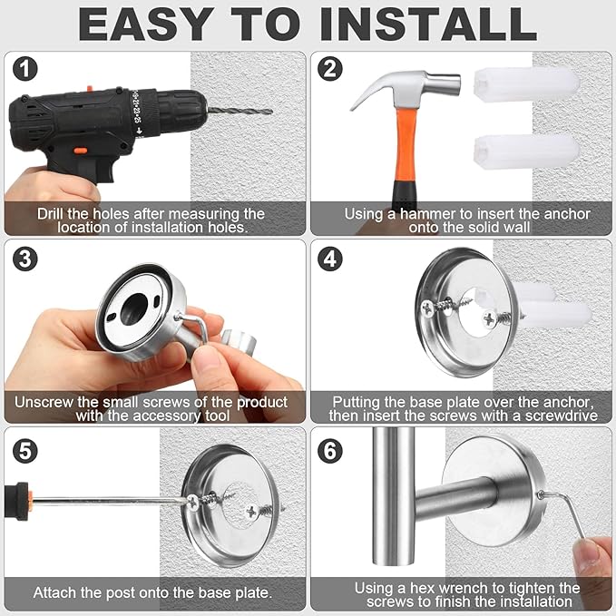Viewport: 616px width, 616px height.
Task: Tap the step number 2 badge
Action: [x=330, y=70]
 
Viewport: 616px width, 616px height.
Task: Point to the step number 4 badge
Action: [x=330, y=259]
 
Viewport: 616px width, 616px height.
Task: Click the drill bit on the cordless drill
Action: [x=240, y=112]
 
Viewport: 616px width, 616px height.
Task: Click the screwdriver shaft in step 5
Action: [x=109, y=500]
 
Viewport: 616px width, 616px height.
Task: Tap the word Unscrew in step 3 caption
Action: [x=44, y=402]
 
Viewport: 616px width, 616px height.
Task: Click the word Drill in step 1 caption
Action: [x=53, y=214]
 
